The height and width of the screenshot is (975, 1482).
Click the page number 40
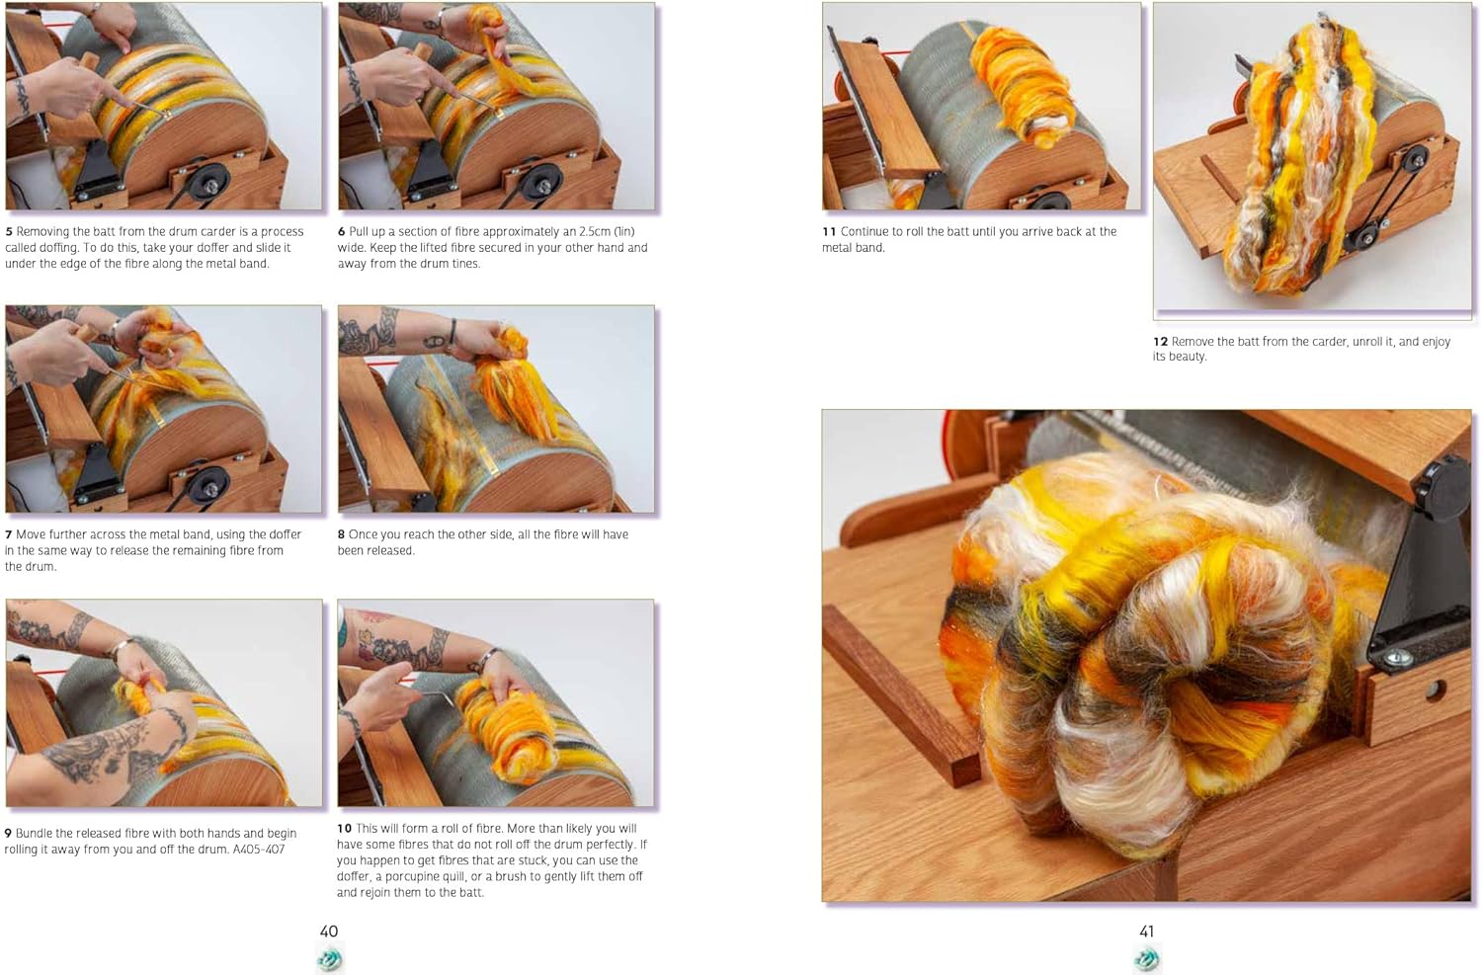329,931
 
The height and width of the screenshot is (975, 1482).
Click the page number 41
1146,931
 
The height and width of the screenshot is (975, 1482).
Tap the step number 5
9,231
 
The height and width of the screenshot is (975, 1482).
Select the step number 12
1160,342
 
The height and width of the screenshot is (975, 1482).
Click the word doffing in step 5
59,247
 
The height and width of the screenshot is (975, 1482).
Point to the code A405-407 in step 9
259,850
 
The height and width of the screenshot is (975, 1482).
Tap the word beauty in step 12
1188,357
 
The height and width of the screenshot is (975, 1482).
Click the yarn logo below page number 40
329,958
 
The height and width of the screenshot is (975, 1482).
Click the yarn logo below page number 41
1147,958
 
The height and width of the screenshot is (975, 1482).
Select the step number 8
342,534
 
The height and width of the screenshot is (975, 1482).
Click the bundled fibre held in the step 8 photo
512,387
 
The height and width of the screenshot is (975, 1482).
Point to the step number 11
829,231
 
